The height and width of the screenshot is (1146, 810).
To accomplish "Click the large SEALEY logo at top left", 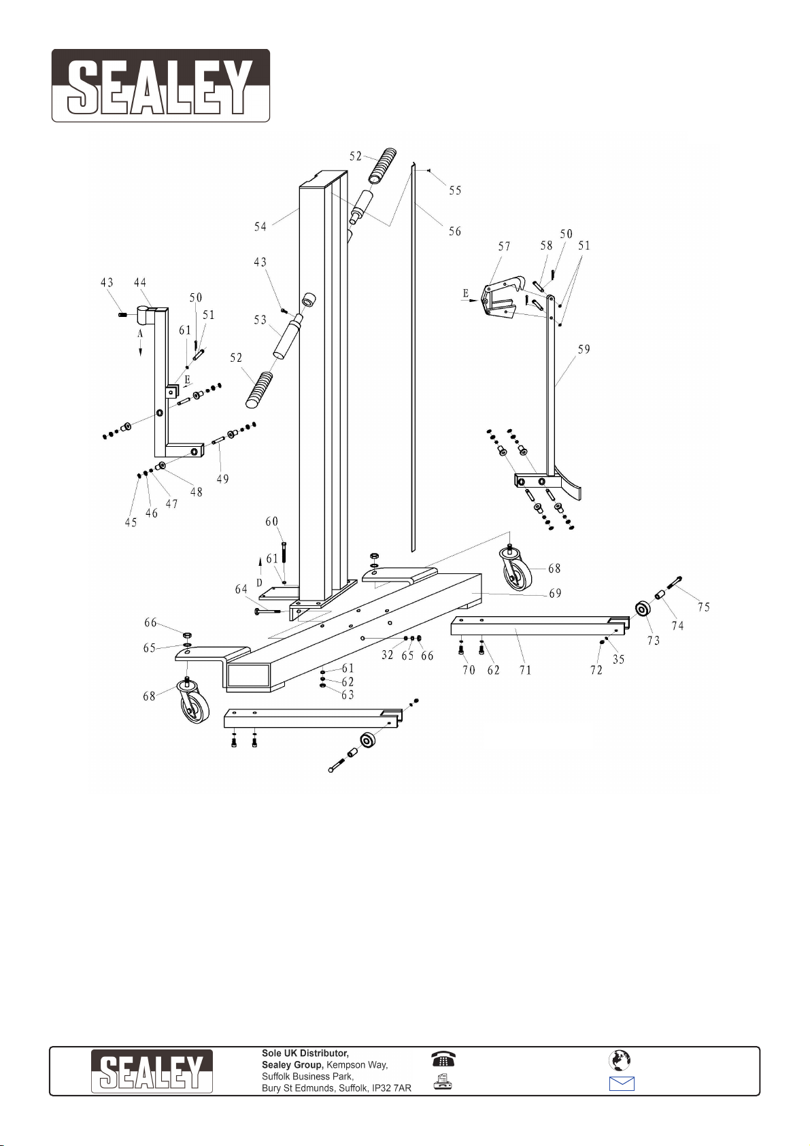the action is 161,86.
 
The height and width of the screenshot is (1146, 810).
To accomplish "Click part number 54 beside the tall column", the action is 260,226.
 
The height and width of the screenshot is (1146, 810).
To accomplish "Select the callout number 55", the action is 455,190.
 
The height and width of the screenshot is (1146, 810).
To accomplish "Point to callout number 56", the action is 455,231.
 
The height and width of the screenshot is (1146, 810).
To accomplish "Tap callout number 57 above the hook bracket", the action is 505,247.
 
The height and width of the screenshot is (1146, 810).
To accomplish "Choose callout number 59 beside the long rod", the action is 584,350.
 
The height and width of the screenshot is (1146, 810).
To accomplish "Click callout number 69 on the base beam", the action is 555,594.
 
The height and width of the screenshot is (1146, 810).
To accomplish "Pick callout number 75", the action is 704,607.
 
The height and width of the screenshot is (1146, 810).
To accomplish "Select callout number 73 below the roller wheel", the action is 654,641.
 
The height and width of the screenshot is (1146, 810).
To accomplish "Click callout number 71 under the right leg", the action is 526,670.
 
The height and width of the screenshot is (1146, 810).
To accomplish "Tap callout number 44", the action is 139,282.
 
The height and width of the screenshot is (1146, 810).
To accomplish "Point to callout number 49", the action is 222,479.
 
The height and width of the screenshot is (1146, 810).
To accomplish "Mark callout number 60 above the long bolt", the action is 272,522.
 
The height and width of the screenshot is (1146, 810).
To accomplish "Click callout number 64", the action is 241,590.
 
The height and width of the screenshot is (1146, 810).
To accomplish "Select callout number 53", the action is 260,320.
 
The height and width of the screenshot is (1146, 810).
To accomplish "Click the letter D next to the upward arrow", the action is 259,583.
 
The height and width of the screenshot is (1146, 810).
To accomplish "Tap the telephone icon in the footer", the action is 443,1059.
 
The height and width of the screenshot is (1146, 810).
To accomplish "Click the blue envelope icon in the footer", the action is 622,1083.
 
